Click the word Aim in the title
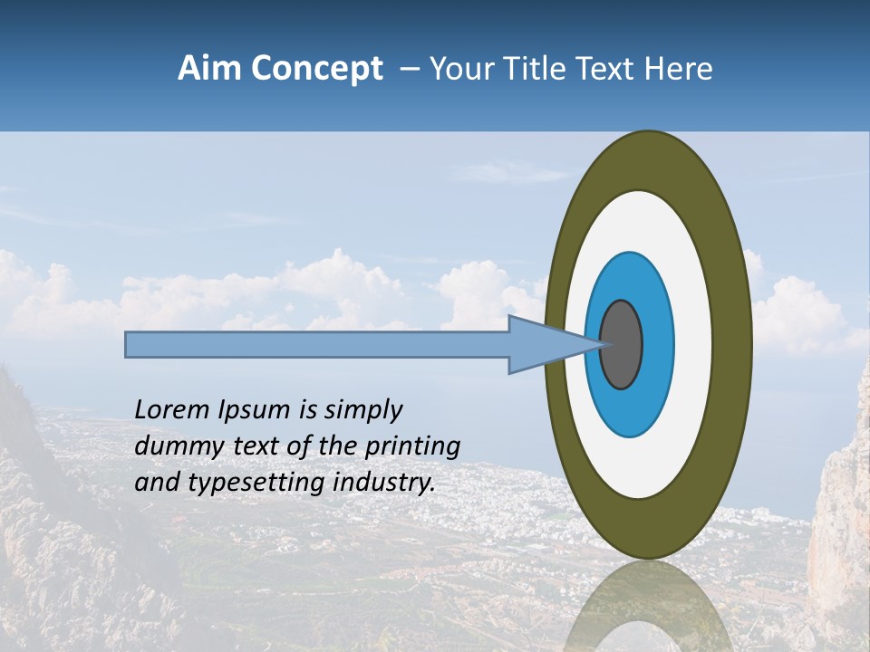pyautogui.click(x=210, y=69)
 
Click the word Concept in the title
pyautogui.click(x=317, y=69)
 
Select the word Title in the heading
pyautogui.click(x=540, y=69)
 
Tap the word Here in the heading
pyautogui.click(x=679, y=69)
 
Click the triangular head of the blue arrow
pyautogui.click(x=544, y=345)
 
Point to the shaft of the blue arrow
pyautogui.click(x=317, y=345)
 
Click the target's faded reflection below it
pyautogui.click(x=648, y=607)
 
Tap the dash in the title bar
pyautogui.click(x=409, y=70)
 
